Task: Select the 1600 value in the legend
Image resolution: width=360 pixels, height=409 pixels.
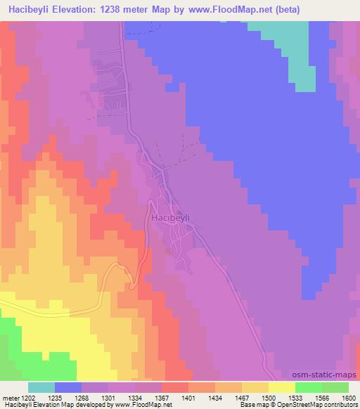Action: pyautogui.click(x=349, y=398)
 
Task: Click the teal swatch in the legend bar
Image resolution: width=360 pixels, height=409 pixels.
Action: pyautogui.click(x=41, y=387)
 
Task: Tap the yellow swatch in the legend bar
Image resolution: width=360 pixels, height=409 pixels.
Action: pyautogui.click(x=281, y=387)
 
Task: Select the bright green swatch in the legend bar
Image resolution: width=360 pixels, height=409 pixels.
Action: pyautogui.click(x=308, y=387)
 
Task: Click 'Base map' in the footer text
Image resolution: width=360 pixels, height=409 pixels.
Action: pyautogui.click(x=252, y=405)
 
